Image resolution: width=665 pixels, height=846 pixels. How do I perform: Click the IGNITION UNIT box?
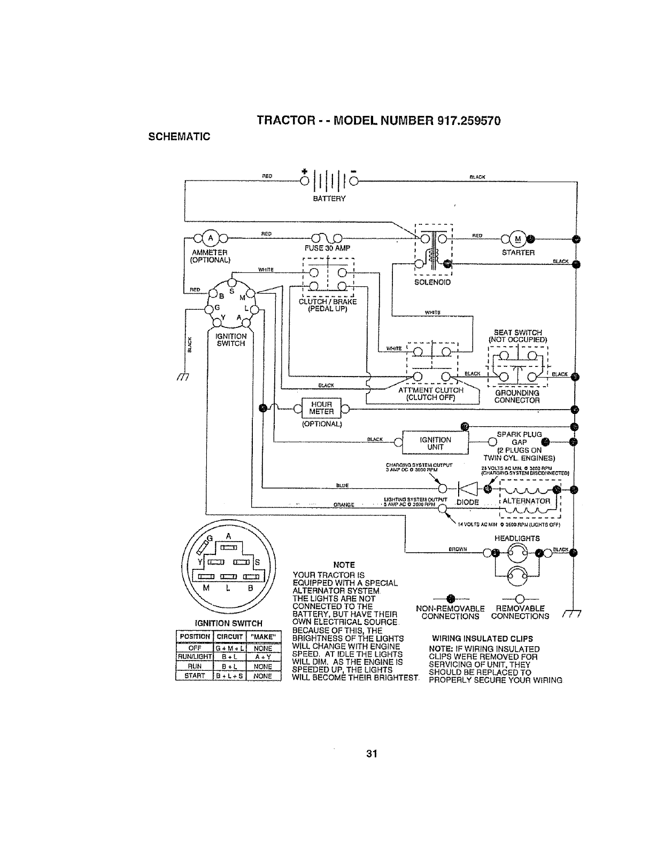(436, 443)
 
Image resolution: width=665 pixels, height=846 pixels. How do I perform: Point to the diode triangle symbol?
(465, 489)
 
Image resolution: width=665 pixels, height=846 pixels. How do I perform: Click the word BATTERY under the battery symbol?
(329, 198)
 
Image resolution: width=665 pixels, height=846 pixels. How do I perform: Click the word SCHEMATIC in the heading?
(179, 136)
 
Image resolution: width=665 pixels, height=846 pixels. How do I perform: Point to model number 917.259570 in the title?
(469, 121)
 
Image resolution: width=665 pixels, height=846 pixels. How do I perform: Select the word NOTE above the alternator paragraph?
(344, 565)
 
